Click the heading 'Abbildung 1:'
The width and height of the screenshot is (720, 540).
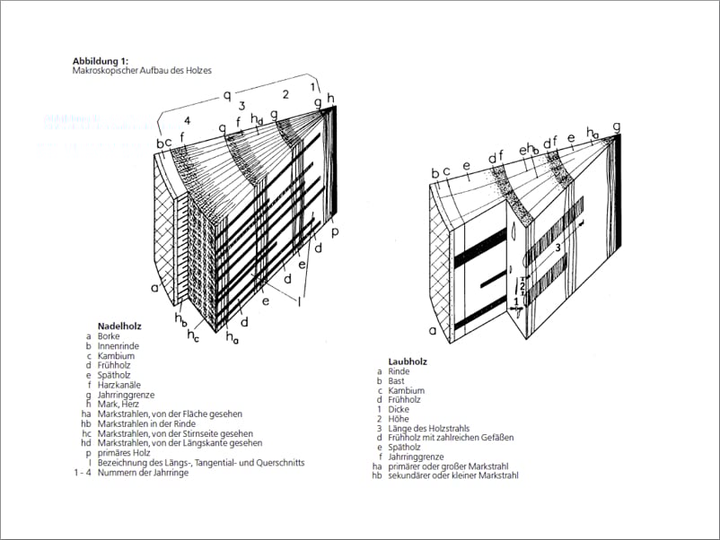click(x=104, y=60)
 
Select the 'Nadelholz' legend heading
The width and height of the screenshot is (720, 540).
click(x=119, y=326)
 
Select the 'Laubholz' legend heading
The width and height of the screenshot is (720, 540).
click(x=407, y=361)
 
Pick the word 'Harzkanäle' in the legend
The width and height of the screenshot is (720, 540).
click(x=119, y=384)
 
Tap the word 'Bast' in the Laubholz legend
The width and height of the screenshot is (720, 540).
click(x=396, y=381)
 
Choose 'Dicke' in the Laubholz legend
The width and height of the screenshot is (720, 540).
click(x=399, y=409)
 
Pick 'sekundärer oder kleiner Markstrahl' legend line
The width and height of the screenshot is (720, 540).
click(x=452, y=475)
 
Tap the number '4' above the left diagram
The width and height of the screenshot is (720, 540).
click(x=188, y=120)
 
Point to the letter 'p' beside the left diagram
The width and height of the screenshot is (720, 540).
click(x=334, y=231)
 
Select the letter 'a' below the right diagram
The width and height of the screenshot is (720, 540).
click(x=432, y=330)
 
